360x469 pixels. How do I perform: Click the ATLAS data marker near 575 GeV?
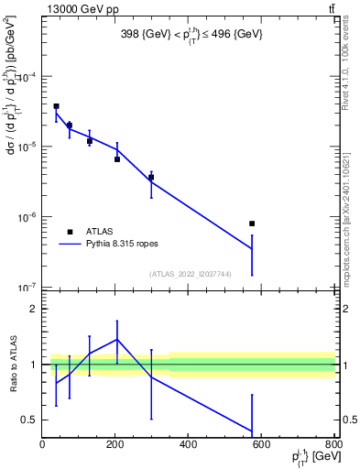(252, 224)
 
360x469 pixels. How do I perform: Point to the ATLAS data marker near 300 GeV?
(151, 177)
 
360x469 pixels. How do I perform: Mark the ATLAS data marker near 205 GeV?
(117, 159)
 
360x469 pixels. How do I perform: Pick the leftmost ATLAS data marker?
(56, 106)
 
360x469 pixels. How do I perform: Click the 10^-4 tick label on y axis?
(27, 77)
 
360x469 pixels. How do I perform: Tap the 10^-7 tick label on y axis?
(27, 288)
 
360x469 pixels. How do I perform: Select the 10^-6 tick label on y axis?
(27, 218)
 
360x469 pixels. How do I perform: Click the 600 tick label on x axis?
(261, 445)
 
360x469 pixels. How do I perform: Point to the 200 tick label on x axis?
(115, 445)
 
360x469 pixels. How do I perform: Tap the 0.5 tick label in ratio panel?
(30, 420)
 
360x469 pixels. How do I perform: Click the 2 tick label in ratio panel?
(34, 309)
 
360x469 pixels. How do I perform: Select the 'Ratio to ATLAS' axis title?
(11, 365)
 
